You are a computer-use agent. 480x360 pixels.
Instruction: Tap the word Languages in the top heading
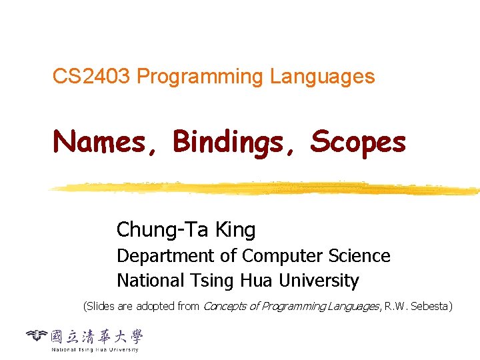point(323,77)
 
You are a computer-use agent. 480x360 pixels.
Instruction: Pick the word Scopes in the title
point(358,142)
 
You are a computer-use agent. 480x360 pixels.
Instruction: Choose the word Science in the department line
point(360,256)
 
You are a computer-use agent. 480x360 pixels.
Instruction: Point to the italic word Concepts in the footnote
point(223,307)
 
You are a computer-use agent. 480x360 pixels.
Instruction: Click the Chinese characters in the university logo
point(97,337)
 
